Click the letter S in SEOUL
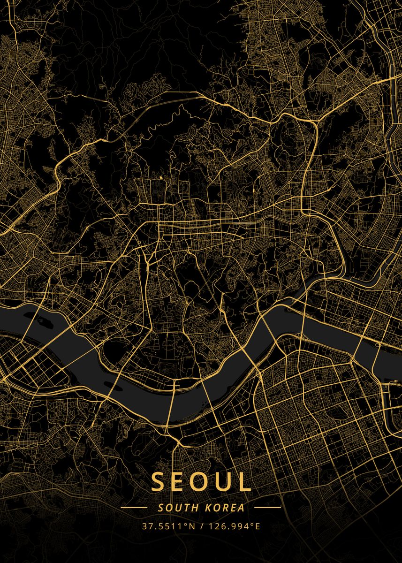pos(159,482)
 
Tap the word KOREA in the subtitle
pos(225,508)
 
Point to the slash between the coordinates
pos(202,526)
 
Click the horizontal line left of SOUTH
pos(134,508)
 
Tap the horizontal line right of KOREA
pos(267,508)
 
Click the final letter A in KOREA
pos(241,508)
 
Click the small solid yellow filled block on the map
pos(160,178)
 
